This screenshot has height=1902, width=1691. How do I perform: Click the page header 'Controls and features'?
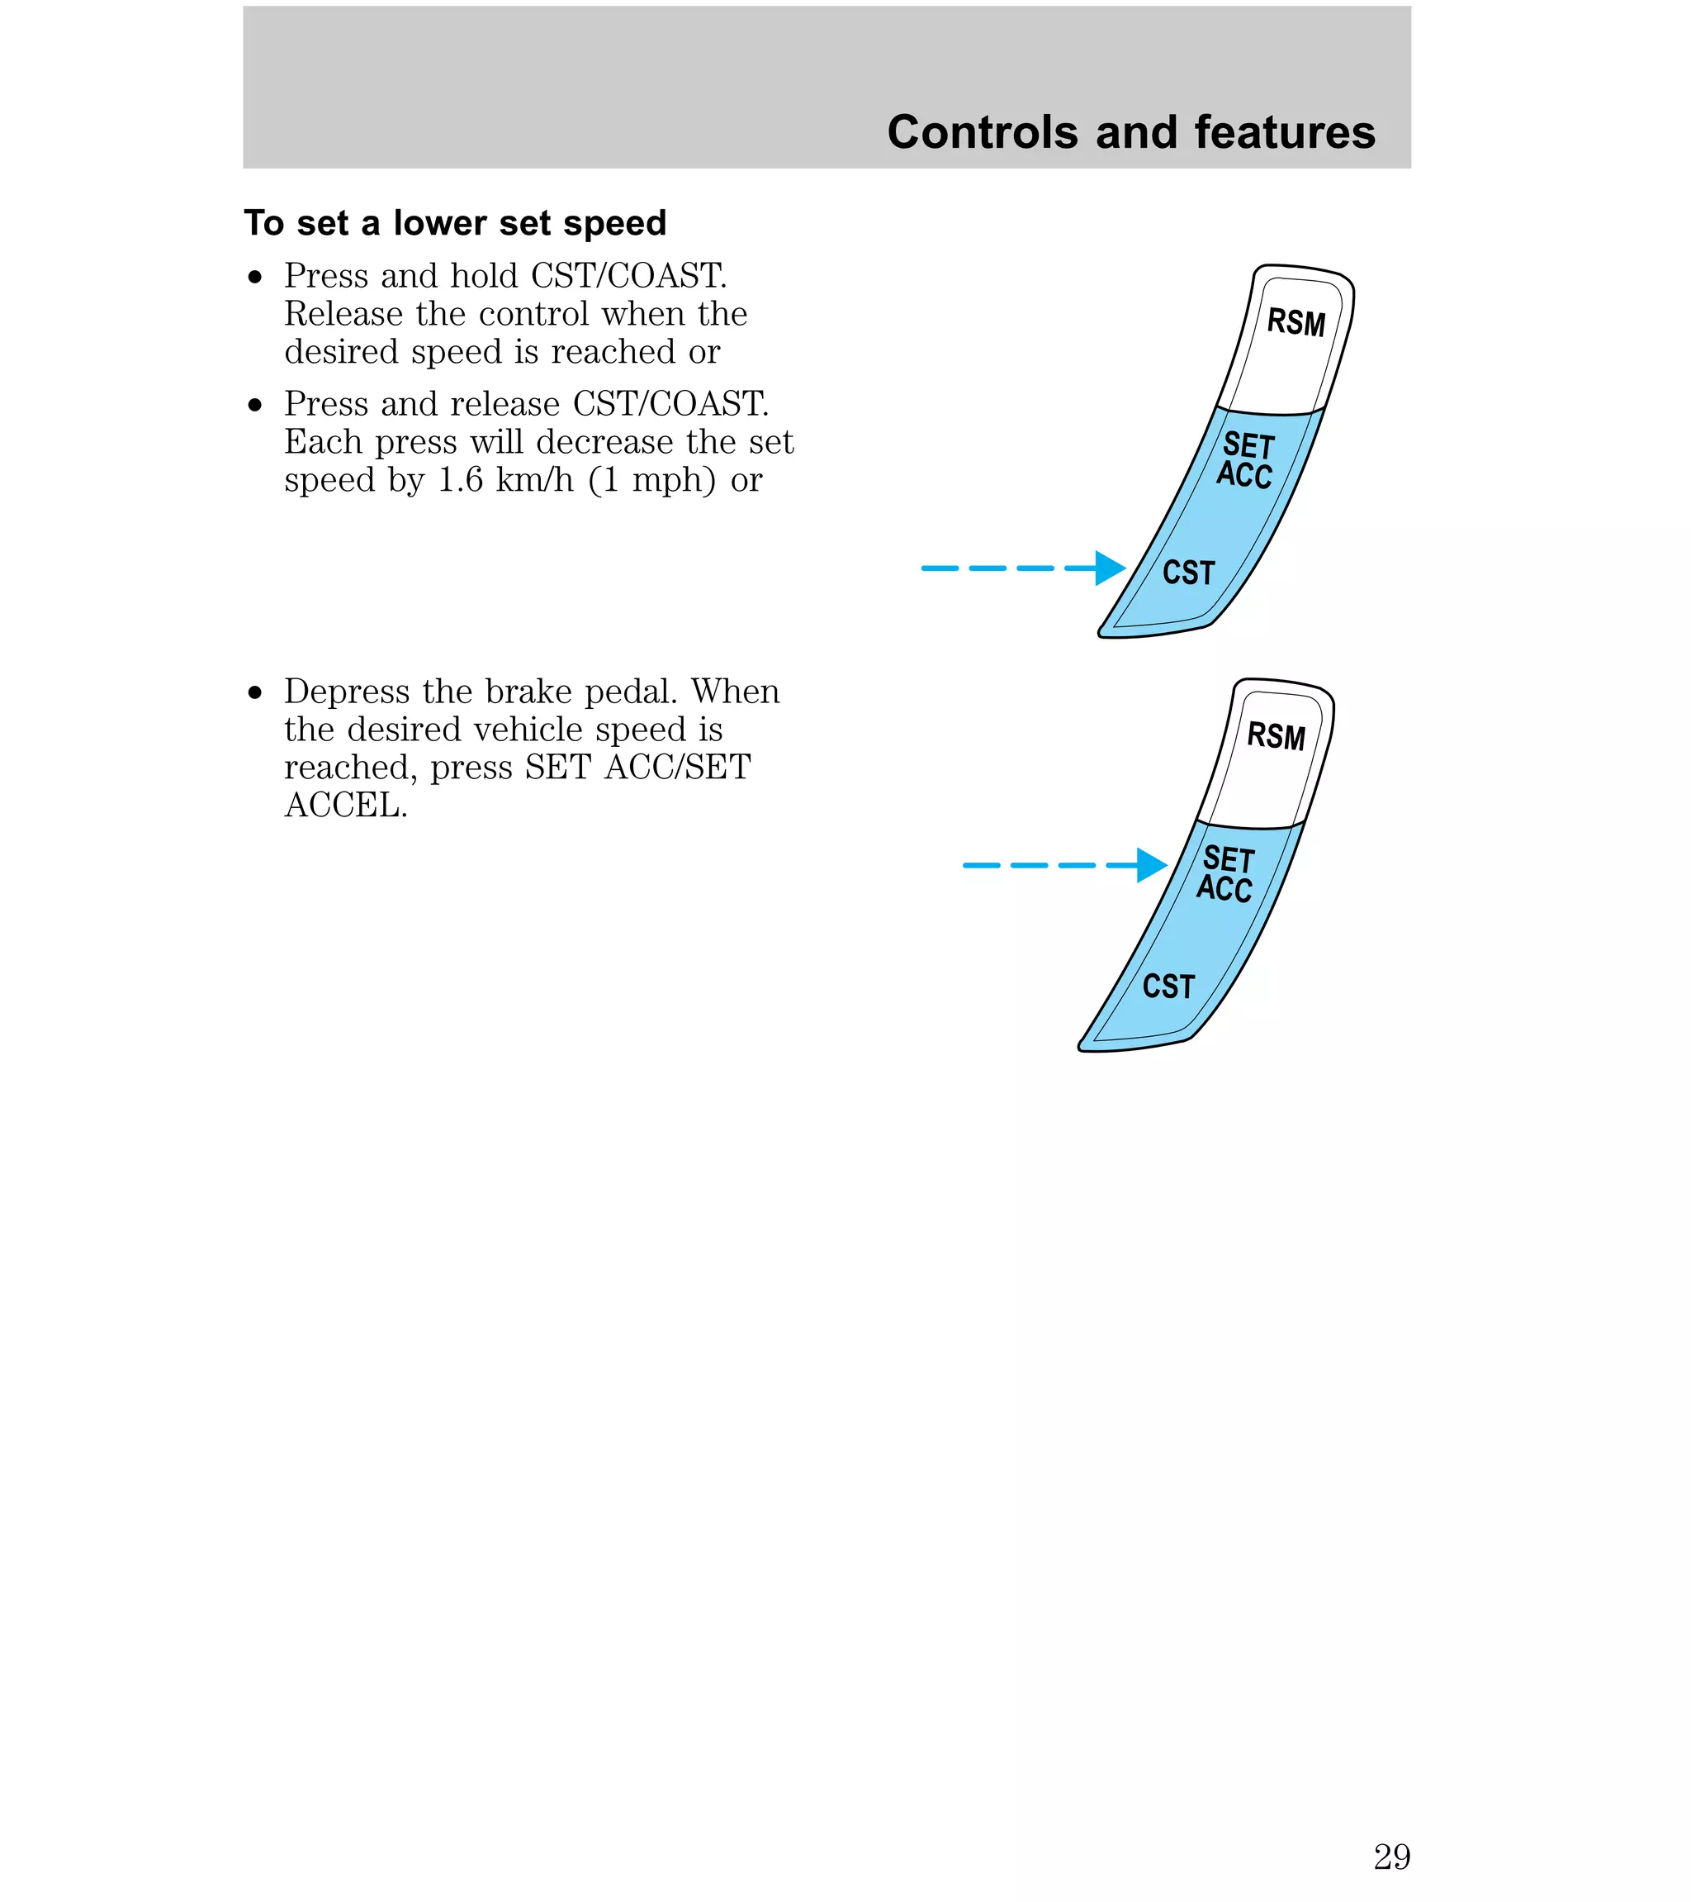coord(1130,132)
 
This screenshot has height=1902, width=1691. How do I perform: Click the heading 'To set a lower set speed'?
coord(455,223)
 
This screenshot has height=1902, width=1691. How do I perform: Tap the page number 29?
coord(1390,1857)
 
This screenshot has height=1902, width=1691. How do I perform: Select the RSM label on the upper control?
coord(1295,322)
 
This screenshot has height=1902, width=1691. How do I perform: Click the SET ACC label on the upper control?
coord(1245,459)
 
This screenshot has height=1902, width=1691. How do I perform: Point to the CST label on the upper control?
coord(1189,573)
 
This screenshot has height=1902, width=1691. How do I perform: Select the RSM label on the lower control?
coord(1277,736)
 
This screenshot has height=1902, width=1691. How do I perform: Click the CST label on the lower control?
coord(1168,987)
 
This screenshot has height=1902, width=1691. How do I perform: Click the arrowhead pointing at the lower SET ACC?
coord(1152,865)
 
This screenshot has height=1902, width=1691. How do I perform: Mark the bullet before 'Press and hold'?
coord(256,278)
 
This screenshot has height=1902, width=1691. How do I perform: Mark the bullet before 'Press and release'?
coord(256,406)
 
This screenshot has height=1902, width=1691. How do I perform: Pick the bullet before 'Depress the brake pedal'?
coord(256,693)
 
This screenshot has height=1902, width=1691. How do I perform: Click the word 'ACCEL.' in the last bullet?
coord(346,806)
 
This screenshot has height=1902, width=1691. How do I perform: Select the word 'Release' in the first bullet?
coord(343,315)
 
